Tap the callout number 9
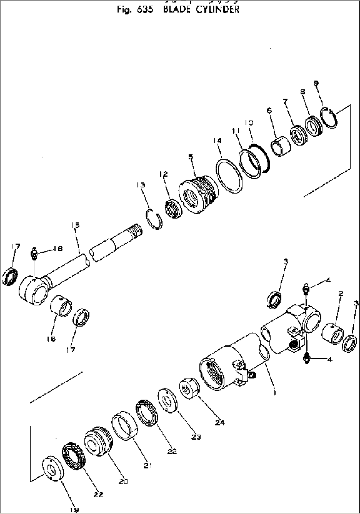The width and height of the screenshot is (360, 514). point(316,84)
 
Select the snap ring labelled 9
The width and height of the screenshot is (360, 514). point(329,117)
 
